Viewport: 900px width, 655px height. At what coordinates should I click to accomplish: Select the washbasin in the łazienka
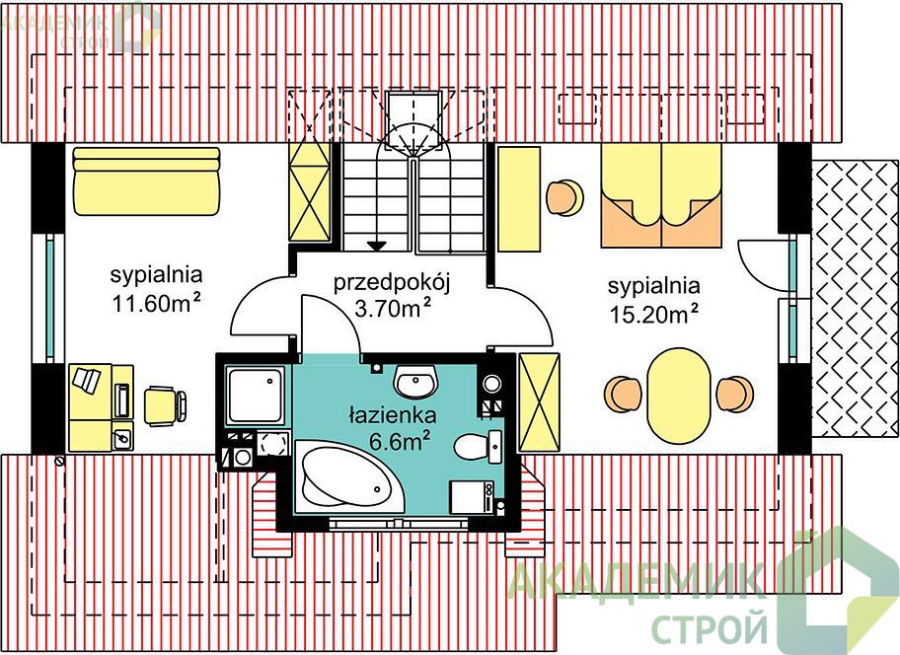[416, 382]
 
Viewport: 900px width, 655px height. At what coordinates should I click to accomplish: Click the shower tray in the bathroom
[255, 397]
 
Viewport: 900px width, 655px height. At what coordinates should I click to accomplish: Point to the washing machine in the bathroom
[472, 497]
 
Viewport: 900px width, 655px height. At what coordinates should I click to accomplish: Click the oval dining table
[678, 397]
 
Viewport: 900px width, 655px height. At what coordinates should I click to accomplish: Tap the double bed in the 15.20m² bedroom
[661, 195]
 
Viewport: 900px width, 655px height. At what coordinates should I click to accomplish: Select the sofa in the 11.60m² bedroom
[146, 182]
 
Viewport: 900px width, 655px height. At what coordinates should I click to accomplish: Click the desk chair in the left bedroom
[165, 405]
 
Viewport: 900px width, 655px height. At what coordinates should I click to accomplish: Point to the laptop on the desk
[85, 380]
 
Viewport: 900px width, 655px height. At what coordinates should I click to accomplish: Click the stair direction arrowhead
[377, 246]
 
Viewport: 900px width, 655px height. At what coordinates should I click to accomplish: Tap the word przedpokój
[392, 283]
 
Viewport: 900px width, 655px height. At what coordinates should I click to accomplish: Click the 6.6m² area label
[400, 441]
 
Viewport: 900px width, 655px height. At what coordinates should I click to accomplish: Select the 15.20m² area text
[654, 315]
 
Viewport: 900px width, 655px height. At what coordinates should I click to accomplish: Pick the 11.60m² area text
[157, 304]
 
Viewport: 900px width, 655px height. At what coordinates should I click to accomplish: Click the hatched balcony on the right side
[856, 297]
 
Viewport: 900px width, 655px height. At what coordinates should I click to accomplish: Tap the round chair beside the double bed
[564, 197]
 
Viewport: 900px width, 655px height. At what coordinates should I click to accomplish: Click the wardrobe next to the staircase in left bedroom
[310, 191]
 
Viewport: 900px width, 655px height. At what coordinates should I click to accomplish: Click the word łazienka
[392, 414]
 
